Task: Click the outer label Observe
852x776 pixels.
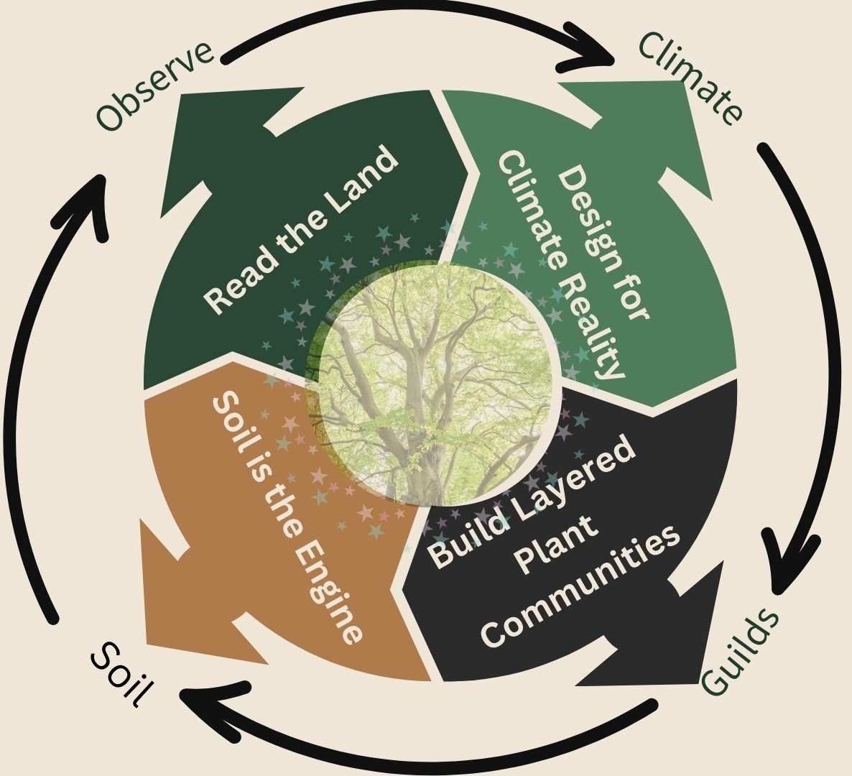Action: pyautogui.click(x=155, y=86)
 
